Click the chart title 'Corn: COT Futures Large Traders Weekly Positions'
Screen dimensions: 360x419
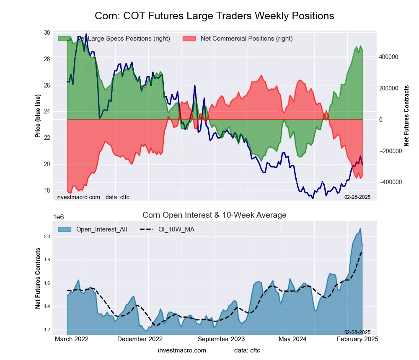(x=214, y=16)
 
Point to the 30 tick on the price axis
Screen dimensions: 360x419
(x=47, y=33)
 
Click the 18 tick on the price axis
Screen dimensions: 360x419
(x=47, y=190)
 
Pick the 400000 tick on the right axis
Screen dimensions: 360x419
(x=388, y=57)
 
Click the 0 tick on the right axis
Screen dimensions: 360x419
(x=381, y=120)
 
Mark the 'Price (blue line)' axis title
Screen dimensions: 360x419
(x=38, y=116)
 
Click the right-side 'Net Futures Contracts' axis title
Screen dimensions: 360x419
(x=406, y=116)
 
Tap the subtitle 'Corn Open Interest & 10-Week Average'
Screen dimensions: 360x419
(x=214, y=215)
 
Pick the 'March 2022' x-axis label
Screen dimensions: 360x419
(x=72, y=339)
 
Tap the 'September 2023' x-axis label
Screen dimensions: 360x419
(x=221, y=339)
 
